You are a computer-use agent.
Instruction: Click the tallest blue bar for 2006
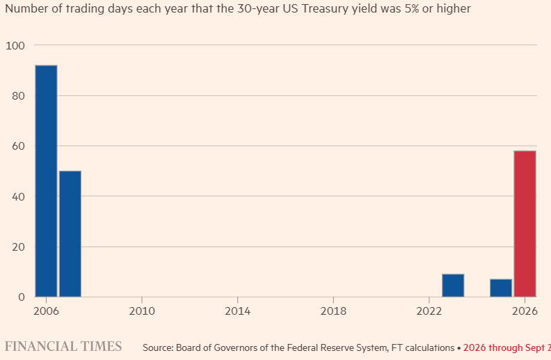pos(46,181)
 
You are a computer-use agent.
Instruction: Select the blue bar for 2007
pos(70,234)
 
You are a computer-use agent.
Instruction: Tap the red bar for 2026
pos(525,224)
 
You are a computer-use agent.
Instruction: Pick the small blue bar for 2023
pos(453,285)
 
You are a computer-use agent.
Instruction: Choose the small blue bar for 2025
pos(501,288)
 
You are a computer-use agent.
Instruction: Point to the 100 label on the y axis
pos(15,46)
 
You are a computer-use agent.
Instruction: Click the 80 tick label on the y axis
pos(18,96)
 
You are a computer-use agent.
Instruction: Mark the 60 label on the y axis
pos(18,146)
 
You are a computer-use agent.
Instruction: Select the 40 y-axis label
pos(18,196)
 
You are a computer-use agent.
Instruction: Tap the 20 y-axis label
pos(18,246)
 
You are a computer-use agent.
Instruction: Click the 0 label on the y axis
pos(22,297)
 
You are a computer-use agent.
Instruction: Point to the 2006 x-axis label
pos(46,311)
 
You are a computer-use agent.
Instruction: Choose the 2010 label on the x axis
pos(142,311)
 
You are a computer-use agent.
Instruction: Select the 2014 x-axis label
pos(237,311)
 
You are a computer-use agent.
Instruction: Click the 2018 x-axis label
pos(333,311)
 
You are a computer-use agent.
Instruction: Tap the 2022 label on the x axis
pos(429,311)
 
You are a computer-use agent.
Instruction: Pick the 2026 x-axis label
pos(525,311)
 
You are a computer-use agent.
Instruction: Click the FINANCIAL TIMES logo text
pos(63,346)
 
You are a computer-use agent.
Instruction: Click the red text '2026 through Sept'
pos(504,347)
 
